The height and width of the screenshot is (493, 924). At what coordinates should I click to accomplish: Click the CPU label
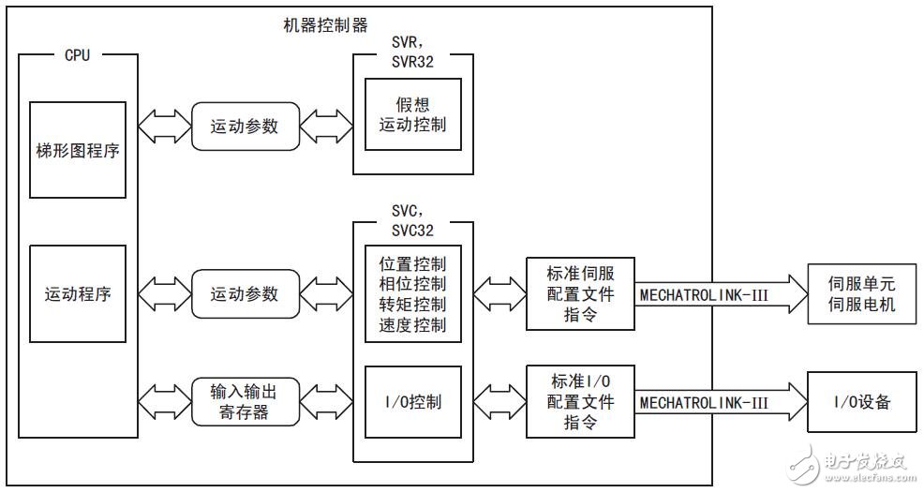pos(77,55)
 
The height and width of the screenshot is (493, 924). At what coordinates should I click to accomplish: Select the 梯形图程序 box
pos(78,151)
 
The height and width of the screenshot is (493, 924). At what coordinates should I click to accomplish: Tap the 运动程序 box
pos(78,293)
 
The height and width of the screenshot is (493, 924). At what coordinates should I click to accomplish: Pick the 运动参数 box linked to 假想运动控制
pos(244,126)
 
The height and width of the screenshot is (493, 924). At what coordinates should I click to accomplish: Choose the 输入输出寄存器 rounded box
pos(244,400)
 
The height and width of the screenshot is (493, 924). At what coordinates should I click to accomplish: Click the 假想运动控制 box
pos(413,114)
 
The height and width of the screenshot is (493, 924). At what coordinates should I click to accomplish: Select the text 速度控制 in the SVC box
pos(413,324)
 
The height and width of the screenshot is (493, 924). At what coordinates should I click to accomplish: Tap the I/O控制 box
pos(413,402)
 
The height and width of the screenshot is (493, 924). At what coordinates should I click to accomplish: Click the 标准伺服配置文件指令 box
pos(581,293)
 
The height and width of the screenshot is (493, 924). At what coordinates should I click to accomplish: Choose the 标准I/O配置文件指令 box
pos(581,401)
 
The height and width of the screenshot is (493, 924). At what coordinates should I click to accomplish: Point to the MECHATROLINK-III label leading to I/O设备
pos(704,402)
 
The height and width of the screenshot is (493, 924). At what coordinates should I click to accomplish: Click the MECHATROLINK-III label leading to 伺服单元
pos(704,294)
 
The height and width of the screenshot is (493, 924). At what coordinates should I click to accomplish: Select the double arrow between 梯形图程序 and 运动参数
pos(164,126)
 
